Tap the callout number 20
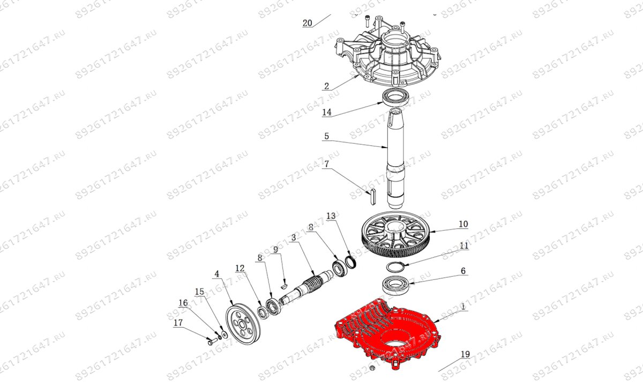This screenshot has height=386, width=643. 307,23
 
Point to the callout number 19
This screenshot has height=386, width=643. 465,354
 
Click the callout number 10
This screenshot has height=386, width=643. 463,224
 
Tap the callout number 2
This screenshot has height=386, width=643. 327,86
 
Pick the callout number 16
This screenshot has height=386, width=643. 183,303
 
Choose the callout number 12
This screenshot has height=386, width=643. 240,268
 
